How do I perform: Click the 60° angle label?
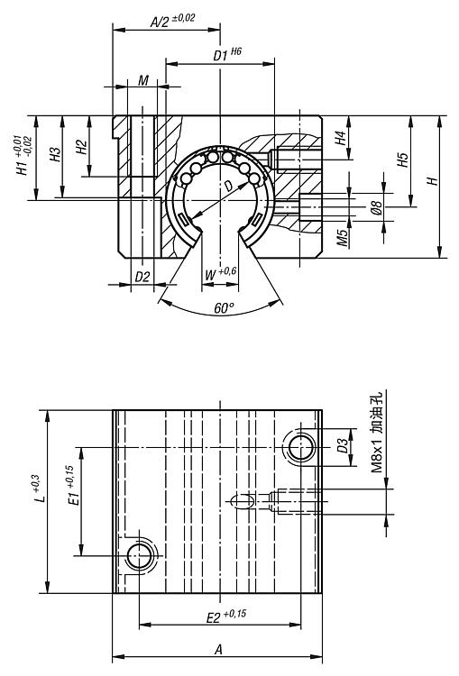coord(225,308)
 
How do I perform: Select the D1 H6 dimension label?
coord(227,54)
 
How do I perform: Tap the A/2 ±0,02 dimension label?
coord(172,20)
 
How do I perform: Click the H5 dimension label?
coord(402,160)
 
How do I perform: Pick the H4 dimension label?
coord(341,138)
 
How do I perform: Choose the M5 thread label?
coord(343,238)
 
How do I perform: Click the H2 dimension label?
coord(81,147)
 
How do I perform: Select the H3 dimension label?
coord(55,155)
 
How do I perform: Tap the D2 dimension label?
coord(142,278)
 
